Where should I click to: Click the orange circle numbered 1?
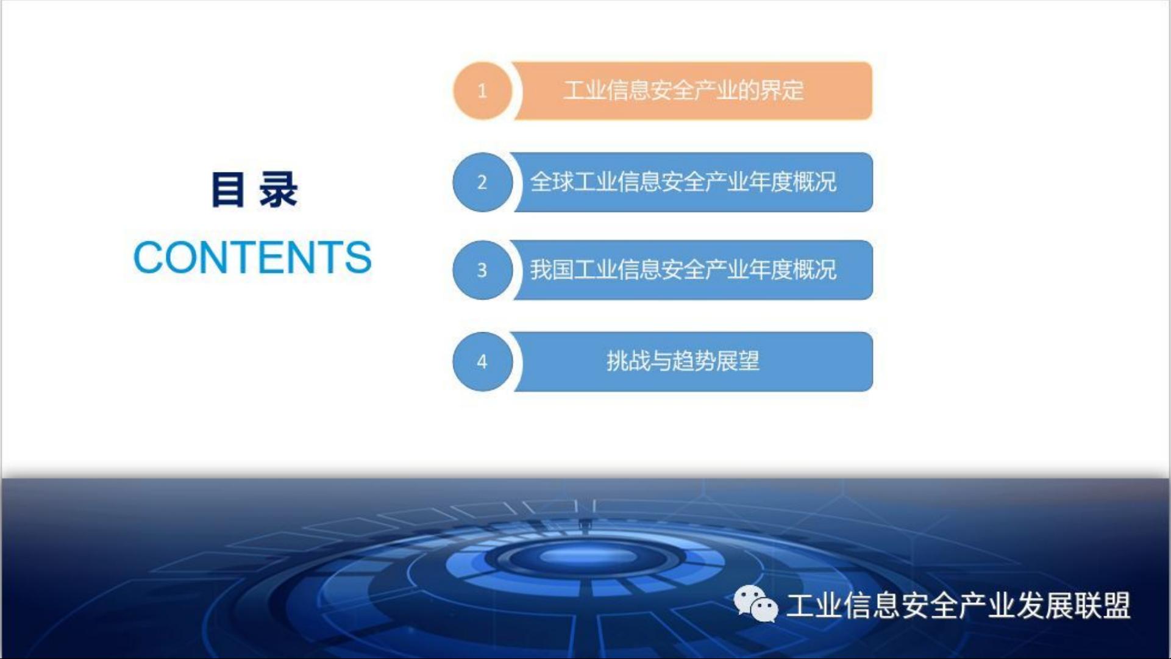tap(482, 91)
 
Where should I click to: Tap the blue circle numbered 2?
tap(482, 182)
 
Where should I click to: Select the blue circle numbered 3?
tap(482, 270)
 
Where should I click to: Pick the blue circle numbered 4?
tap(482, 362)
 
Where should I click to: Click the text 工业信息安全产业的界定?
tap(683, 90)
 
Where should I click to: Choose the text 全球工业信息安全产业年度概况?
tap(683, 182)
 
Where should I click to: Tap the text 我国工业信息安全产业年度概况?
tap(683, 269)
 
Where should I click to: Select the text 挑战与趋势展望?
tap(683, 361)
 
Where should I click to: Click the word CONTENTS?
tap(252, 257)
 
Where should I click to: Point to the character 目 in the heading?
tap(228, 190)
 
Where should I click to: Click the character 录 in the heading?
tap(278, 190)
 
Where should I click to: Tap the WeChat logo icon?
tap(756, 604)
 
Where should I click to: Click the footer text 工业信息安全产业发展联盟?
tap(958, 605)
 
